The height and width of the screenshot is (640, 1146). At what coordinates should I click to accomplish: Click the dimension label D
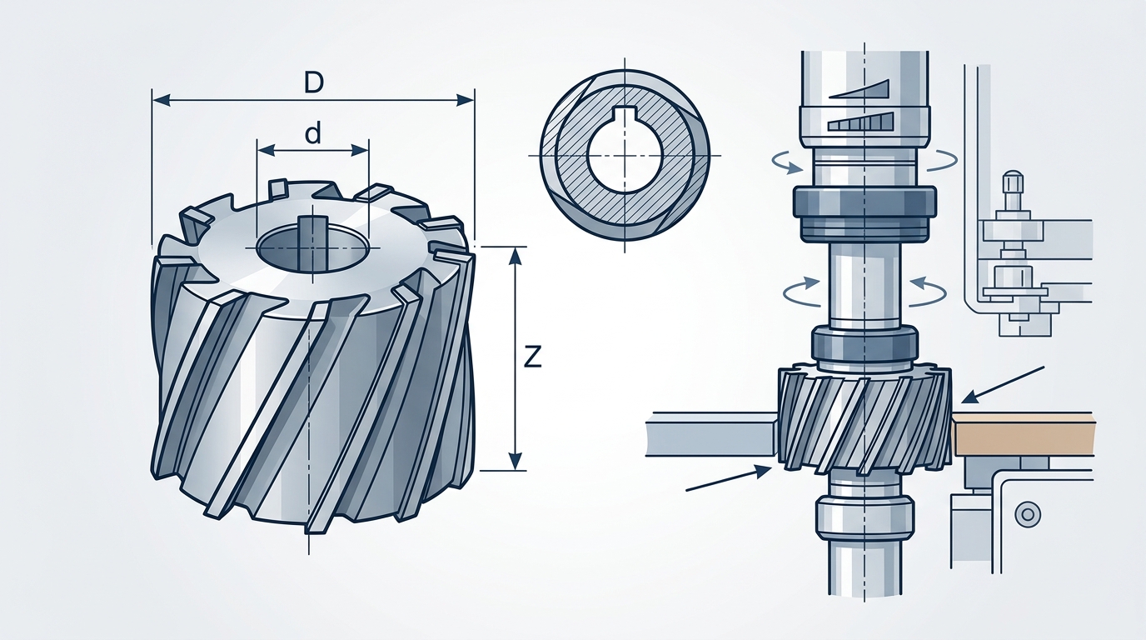click(313, 82)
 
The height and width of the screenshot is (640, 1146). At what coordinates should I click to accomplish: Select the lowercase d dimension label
click(312, 134)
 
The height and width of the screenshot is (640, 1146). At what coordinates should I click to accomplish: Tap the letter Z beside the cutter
click(532, 357)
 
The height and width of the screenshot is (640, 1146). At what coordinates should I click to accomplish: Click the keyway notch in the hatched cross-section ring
click(625, 117)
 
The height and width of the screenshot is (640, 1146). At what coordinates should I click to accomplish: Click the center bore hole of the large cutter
click(312, 247)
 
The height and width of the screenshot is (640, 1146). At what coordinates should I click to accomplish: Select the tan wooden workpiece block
click(1023, 434)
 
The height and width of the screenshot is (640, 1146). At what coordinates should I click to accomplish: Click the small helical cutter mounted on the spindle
click(864, 416)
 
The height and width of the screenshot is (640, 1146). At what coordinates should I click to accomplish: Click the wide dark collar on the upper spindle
click(864, 202)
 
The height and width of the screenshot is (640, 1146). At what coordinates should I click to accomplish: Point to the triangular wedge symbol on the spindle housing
click(863, 88)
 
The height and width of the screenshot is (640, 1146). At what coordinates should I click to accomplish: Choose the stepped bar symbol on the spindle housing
click(861, 122)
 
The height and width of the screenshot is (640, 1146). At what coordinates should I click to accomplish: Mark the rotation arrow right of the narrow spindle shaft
click(928, 289)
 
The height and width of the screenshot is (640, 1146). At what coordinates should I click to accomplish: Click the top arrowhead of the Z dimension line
click(516, 255)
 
